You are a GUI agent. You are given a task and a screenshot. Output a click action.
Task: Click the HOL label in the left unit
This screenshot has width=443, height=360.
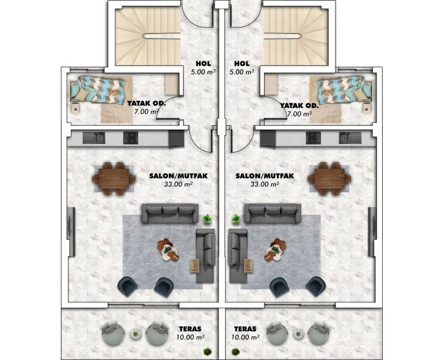point(203,64)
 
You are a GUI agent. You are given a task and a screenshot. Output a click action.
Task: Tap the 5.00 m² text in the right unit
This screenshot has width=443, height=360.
point(242,72)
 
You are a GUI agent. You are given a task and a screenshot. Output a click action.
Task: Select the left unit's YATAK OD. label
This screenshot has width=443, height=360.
point(146,104)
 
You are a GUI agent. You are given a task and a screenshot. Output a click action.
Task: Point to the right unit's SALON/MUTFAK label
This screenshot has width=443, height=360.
point(265,176)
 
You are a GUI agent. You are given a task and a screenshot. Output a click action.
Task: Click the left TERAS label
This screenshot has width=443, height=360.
point(190,329)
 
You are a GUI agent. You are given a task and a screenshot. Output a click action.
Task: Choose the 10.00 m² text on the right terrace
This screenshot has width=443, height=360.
point(246,337)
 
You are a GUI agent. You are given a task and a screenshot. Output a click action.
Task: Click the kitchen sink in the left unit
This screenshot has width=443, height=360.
point(94,138)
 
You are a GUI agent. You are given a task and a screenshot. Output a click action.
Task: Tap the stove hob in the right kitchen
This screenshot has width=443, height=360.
point(313,138)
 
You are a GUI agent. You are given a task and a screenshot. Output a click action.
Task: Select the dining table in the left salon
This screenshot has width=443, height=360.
point(114,178)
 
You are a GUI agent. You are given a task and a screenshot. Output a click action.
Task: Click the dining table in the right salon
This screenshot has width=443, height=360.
point(330,178)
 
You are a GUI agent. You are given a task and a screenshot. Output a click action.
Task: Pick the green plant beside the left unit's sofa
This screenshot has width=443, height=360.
point(207,218)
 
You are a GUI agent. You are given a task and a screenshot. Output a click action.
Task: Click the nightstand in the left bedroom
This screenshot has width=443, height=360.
point(76,109)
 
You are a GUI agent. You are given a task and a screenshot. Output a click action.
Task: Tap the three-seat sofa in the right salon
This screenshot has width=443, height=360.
point(273,214)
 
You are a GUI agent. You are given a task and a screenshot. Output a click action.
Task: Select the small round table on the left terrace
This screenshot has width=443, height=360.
point(136,334)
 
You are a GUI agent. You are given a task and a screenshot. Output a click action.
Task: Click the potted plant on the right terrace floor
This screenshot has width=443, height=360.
point(236,352)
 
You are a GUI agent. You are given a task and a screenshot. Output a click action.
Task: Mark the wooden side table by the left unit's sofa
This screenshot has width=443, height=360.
point(195,266)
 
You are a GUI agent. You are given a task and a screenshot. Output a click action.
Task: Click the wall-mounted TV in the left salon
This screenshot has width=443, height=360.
point(71,232)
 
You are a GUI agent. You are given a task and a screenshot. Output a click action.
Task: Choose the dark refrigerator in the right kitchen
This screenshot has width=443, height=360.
point(268,139)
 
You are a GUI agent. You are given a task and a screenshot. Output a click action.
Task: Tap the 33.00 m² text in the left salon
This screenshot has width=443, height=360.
point(178,184)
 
